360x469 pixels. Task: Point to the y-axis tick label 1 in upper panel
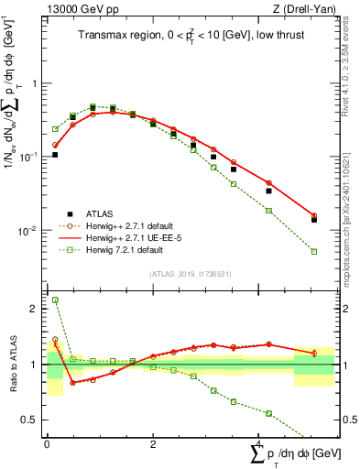pos(36,83)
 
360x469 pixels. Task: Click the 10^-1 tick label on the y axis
pos(30,157)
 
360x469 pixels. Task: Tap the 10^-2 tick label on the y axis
pos(30,230)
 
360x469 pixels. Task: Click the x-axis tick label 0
pos(47,444)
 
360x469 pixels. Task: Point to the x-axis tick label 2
pos(153,444)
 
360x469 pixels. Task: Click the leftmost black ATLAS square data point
pos(55,155)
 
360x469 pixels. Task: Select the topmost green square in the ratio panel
pos(55,300)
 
